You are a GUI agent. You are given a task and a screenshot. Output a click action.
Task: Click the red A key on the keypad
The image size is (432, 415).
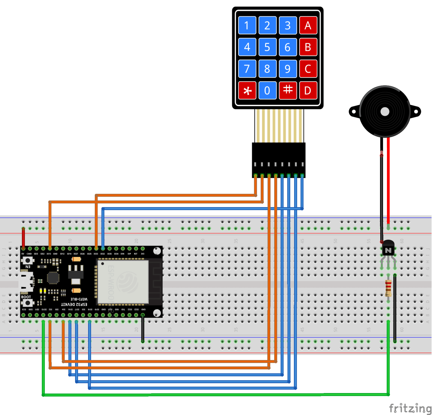coord(308,25)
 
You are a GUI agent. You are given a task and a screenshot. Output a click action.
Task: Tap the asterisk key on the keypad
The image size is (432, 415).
coord(247,90)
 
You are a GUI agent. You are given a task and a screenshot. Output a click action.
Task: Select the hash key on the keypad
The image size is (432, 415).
coord(288,90)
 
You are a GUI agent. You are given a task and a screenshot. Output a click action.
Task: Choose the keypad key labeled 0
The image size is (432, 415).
coord(267,90)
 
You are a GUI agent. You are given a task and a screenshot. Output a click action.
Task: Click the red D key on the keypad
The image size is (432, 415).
coord(308,90)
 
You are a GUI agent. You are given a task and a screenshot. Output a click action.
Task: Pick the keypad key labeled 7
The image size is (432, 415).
coord(247,69)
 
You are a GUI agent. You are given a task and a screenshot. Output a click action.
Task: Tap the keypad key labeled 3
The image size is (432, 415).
coord(288,25)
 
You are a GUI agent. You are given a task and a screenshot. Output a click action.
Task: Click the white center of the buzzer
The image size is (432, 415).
coord(385,112)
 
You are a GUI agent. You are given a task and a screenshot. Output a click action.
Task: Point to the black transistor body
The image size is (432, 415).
coord(388,248)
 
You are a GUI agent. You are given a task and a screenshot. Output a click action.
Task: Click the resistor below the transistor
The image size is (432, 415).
coord(388,288)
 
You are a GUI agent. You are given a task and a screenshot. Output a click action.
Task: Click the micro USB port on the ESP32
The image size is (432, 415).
coord(26,282)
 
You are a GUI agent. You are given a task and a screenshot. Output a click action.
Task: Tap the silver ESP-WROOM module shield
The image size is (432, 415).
coord(123,282)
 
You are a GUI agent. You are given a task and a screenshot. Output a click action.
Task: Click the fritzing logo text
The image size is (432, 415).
coord(410,408)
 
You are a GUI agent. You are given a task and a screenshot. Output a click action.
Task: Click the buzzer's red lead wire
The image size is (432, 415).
coord(388,180)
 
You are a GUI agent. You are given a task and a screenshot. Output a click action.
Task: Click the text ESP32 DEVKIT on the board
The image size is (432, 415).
coord(74,305)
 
